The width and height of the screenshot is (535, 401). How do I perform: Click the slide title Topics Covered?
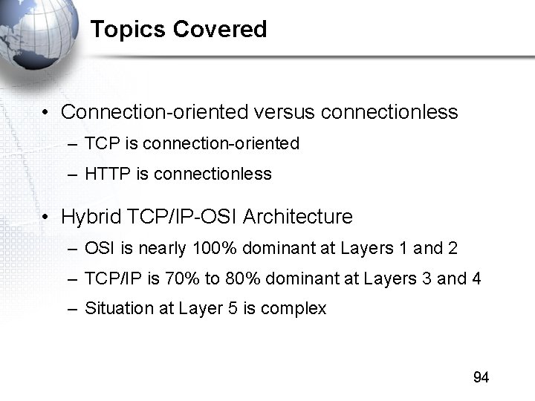pyautogui.click(x=178, y=30)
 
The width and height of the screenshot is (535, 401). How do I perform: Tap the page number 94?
pyautogui.click(x=481, y=378)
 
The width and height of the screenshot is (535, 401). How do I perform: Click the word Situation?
pyautogui.click(x=114, y=309)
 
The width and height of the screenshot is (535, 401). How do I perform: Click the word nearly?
pyautogui.click(x=163, y=248)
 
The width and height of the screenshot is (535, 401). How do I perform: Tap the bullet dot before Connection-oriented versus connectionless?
pyautogui.click(x=46, y=113)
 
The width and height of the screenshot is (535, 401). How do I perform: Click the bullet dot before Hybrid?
pyautogui.click(x=46, y=218)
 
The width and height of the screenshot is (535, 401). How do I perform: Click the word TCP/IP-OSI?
pyautogui.click(x=182, y=218)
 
